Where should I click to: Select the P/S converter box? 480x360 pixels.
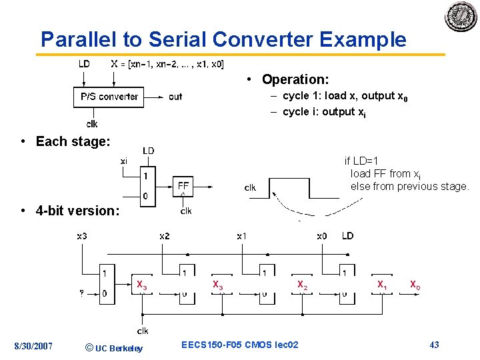109,97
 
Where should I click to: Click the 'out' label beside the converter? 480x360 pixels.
175,97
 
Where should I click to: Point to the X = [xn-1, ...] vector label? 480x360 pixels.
167,65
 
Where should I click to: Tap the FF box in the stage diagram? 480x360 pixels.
183,185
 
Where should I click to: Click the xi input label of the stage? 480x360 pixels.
124,161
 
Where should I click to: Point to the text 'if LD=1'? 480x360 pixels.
361,161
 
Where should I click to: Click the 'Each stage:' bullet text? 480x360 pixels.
73,141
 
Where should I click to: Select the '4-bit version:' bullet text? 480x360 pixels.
77,211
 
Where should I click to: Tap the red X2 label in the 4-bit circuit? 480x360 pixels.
302,285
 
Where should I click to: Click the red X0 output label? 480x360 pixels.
415,285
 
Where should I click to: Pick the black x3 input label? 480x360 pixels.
82,236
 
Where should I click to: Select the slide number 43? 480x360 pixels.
434,345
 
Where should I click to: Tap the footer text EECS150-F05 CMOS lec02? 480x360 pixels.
240,345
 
